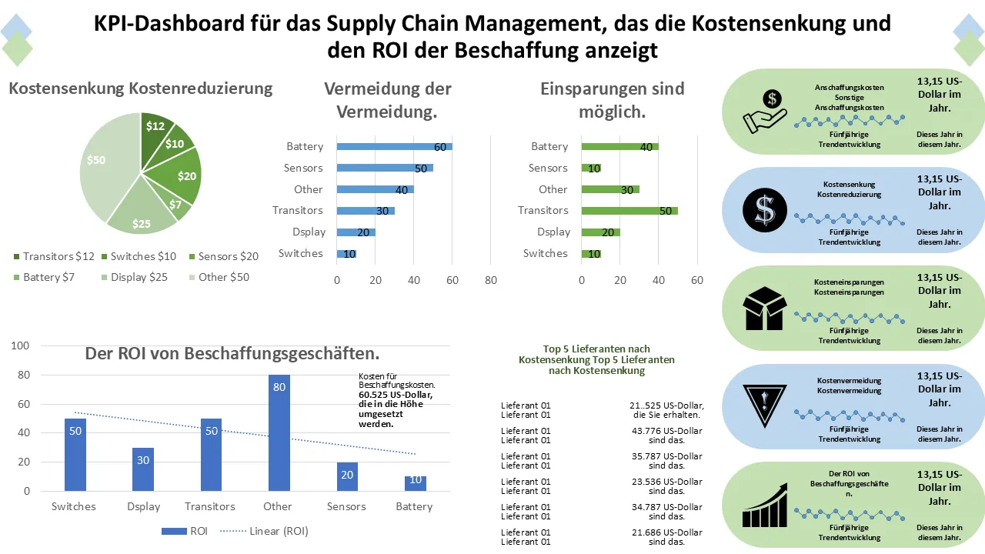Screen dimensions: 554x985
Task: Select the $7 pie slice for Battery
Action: point(179,205)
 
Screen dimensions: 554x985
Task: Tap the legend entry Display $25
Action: point(134,277)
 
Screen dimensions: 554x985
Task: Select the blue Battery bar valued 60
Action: point(394,146)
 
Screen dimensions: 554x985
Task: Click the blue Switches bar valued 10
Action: point(346,253)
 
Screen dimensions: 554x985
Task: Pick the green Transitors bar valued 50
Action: point(629,210)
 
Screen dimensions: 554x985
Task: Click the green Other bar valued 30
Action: point(610,189)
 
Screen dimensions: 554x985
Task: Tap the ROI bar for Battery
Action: point(415,483)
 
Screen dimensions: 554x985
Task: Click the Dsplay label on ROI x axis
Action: point(144,506)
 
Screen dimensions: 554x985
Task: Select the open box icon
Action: point(764,307)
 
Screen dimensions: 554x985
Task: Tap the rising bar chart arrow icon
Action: point(765,505)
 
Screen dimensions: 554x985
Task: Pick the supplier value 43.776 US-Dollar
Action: point(666,436)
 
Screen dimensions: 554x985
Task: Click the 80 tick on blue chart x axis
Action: point(491,281)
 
